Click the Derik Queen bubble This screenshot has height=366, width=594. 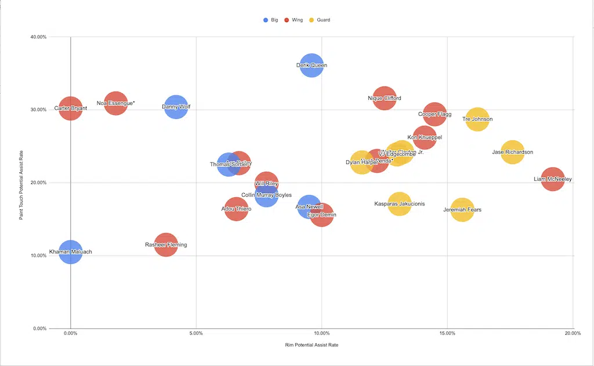click(312, 66)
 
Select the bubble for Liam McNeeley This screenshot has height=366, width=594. click(553, 179)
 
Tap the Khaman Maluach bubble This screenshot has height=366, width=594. click(71, 252)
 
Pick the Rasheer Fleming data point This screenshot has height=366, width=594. click(166, 245)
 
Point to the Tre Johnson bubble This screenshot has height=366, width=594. click(477, 119)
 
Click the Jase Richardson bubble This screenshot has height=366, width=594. click(512, 153)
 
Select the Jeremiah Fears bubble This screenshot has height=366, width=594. click(462, 209)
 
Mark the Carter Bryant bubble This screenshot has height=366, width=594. click(71, 108)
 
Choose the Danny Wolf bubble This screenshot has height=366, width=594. click(176, 107)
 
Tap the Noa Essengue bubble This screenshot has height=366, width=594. click(116, 103)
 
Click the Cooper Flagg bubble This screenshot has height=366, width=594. click(434, 114)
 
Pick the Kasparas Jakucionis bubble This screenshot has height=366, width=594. click(400, 204)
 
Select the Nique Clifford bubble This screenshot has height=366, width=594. click(385, 98)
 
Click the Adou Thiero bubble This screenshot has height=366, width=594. click(236, 209)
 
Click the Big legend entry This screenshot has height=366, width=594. click(270, 20)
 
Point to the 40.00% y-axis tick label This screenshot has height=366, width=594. click(38, 37)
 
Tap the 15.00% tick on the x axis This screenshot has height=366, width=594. click(447, 334)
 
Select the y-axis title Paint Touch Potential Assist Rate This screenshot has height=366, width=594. click(21, 183)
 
